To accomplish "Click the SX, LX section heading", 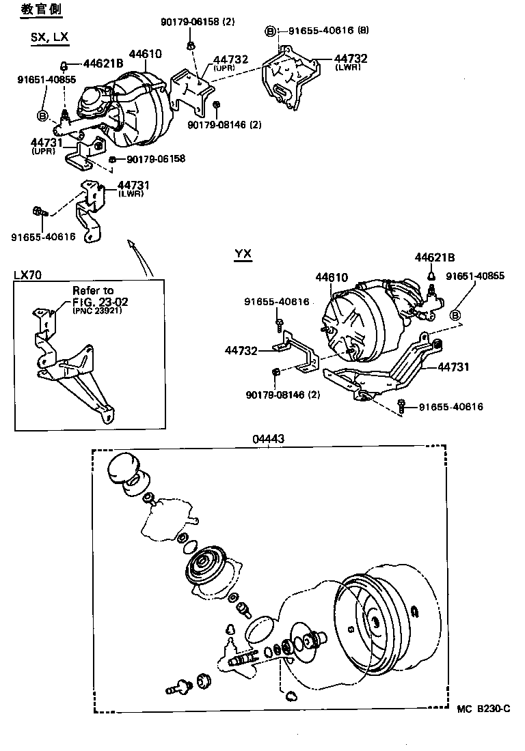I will point(49,38).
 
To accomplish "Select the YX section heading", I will point(243,255).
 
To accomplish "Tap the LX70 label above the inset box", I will point(27,274).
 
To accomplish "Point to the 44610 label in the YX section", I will point(332,278).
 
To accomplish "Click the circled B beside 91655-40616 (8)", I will point(271,31).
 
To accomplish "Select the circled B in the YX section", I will point(456,315).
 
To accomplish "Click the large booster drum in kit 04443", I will point(383,621).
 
